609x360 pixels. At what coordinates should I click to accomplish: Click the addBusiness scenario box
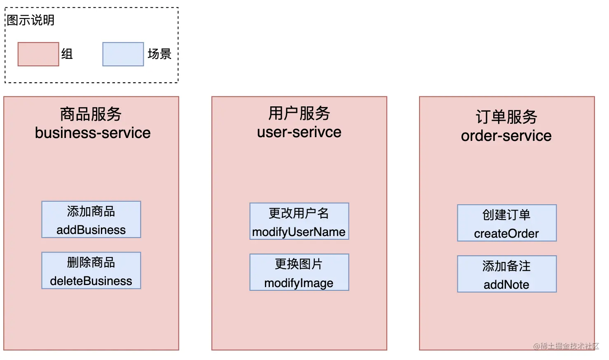pyautogui.click(x=91, y=220)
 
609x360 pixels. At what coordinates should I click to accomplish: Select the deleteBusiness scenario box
pyautogui.click(x=91, y=271)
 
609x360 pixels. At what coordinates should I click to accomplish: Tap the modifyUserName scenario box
pyautogui.click(x=299, y=221)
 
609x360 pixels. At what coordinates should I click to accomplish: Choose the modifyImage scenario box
pyautogui.click(x=299, y=272)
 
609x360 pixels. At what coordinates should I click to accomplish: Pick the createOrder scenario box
pyautogui.click(x=507, y=223)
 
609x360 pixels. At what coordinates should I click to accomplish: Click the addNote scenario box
pyautogui.click(x=507, y=274)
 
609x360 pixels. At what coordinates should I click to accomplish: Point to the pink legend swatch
pyautogui.click(x=38, y=54)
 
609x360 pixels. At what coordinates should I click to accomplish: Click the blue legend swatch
pyautogui.click(x=123, y=54)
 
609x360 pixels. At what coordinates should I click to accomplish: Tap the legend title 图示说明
pyautogui.click(x=31, y=20)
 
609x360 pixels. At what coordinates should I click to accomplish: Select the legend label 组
pyautogui.click(x=67, y=54)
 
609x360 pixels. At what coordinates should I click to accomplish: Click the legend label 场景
pyautogui.click(x=159, y=54)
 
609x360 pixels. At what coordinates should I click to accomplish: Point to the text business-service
pyautogui.click(x=93, y=133)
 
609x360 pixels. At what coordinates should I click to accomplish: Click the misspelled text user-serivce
pyautogui.click(x=299, y=132)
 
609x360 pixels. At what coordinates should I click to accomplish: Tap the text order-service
pyautogui.click(x=506, y=136)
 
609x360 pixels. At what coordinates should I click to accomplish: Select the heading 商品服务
pyautogui.click(x=91, y=114)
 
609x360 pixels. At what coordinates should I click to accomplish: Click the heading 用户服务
pyautogui.click(x=299, y=113)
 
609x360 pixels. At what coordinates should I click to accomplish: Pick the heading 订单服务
pyautogui.click(x=506, y=117)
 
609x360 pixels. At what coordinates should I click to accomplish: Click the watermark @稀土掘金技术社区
pyautogui.click(x=566, y=346)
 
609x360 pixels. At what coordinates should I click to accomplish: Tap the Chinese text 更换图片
pyautogui.click(x=299, y=264)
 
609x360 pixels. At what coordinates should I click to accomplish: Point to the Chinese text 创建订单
pyautogui.click(x=506, y=215)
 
